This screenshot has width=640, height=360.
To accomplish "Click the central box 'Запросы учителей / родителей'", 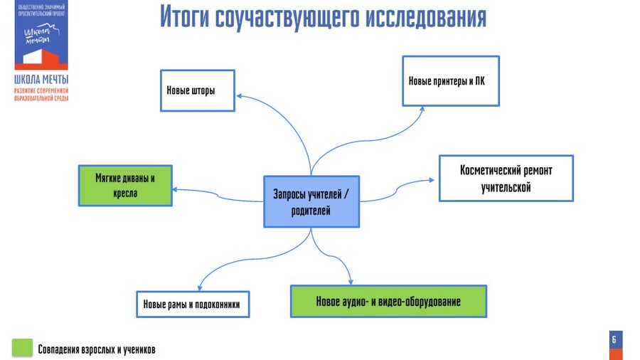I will pos(311,201).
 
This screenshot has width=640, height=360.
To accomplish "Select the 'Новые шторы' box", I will pos(198,90).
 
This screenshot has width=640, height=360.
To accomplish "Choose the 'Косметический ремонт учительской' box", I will pos(506,179).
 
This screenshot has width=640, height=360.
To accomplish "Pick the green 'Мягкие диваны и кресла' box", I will pos(124,185).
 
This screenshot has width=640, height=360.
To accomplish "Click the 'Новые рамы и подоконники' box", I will pos(192,305).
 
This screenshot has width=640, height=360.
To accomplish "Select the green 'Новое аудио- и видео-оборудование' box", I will pos(388,301).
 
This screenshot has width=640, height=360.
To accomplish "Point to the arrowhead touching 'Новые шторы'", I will pos(240,95).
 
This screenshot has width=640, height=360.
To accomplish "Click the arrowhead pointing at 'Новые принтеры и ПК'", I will pos(422,109).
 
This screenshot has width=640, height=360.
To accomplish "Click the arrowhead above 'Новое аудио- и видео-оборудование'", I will pos(349,280).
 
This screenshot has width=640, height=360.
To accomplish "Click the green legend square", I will pos(23,347).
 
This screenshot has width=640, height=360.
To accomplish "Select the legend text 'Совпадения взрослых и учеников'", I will pos(97,349).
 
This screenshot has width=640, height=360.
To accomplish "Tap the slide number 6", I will pos(614,340).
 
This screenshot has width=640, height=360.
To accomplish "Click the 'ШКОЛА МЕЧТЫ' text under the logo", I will pos(41,80).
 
